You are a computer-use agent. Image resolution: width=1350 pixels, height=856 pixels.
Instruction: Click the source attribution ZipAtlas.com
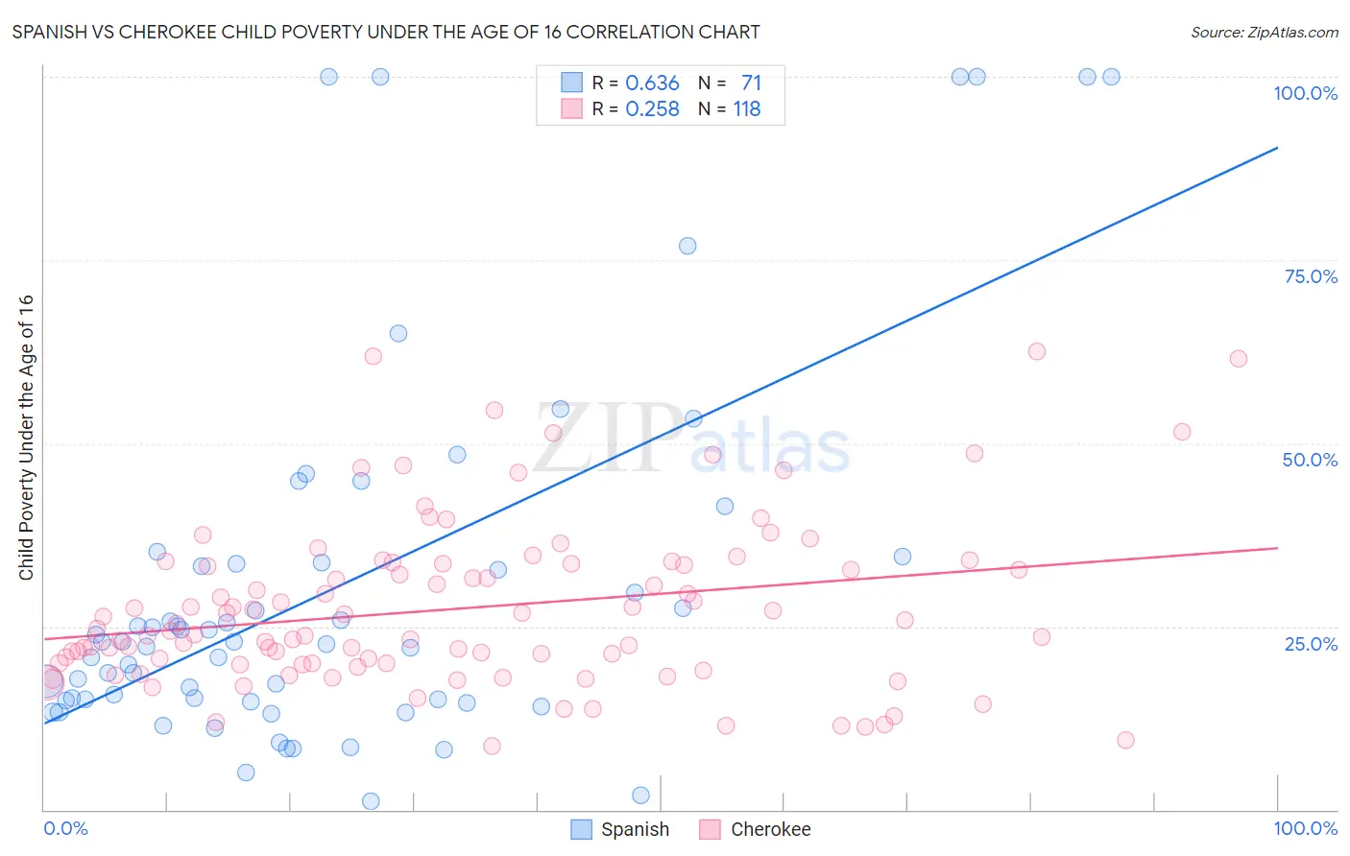tap(1264, 32)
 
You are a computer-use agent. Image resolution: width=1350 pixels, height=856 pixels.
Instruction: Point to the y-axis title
tap(26, 437)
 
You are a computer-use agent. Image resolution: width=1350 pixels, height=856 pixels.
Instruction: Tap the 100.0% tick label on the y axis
tap(1305, 93)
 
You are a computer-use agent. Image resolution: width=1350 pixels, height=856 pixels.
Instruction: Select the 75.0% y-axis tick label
tap(1311, 276)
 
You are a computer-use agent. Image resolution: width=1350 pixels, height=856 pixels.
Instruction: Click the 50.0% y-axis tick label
tap(1310, 460)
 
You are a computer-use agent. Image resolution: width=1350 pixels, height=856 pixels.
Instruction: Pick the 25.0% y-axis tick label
tap(1311, 643)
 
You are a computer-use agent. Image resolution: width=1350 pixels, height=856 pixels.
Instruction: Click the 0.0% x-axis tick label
tap(65, 828)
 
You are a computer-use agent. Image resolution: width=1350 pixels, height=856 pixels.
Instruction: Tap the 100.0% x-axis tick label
tap(1305, 828)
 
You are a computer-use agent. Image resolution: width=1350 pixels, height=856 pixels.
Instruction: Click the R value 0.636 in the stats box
tap(652, 83)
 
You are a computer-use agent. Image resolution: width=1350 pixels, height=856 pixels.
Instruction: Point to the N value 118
tap(747, 109)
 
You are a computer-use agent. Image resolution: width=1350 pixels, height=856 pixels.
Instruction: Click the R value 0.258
tap(652, 109)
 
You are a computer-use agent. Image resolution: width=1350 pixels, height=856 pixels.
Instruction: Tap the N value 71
tap(751, 83)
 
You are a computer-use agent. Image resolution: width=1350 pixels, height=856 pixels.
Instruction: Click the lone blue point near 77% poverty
tap(687, 246)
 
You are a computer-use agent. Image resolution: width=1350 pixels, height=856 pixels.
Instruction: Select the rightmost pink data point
tap(1239, 359)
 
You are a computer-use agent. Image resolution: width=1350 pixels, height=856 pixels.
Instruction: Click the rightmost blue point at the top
tap(1111, 77)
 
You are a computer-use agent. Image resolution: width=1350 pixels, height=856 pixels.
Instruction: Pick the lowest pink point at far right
tap(1125, 740)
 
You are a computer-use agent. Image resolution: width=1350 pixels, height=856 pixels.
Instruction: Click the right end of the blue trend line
tap(1277, 148)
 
